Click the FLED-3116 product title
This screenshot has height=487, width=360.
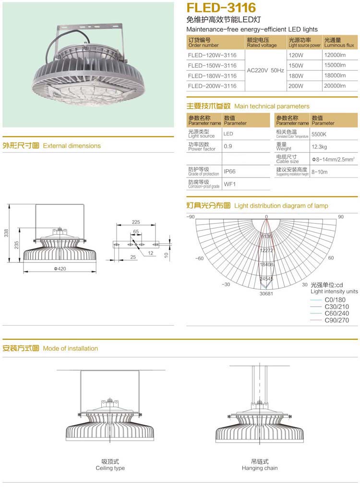click(221, 8)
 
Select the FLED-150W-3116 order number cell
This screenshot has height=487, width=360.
click(212, 66)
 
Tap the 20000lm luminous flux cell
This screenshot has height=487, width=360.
click(335, 86)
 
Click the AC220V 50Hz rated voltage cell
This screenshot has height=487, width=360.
click(265, 71)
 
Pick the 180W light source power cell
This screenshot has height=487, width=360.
click(296, 76)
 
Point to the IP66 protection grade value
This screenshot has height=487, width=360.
click(229, 171)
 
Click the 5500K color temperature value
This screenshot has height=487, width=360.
click(319, 135)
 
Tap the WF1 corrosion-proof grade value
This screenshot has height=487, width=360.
click(229, 184)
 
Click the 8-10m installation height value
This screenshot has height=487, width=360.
click(320, 171)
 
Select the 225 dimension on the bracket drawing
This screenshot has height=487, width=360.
click(136, 222)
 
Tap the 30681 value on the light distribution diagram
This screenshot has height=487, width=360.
click(266, 293)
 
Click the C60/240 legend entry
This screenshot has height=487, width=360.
click(336, 313)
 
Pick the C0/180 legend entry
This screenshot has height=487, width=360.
click(335, 300)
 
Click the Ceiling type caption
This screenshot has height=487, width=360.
click(110, 468)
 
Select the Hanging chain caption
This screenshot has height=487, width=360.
click(259, 468)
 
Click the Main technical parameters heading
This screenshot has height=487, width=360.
click(272, 106)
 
